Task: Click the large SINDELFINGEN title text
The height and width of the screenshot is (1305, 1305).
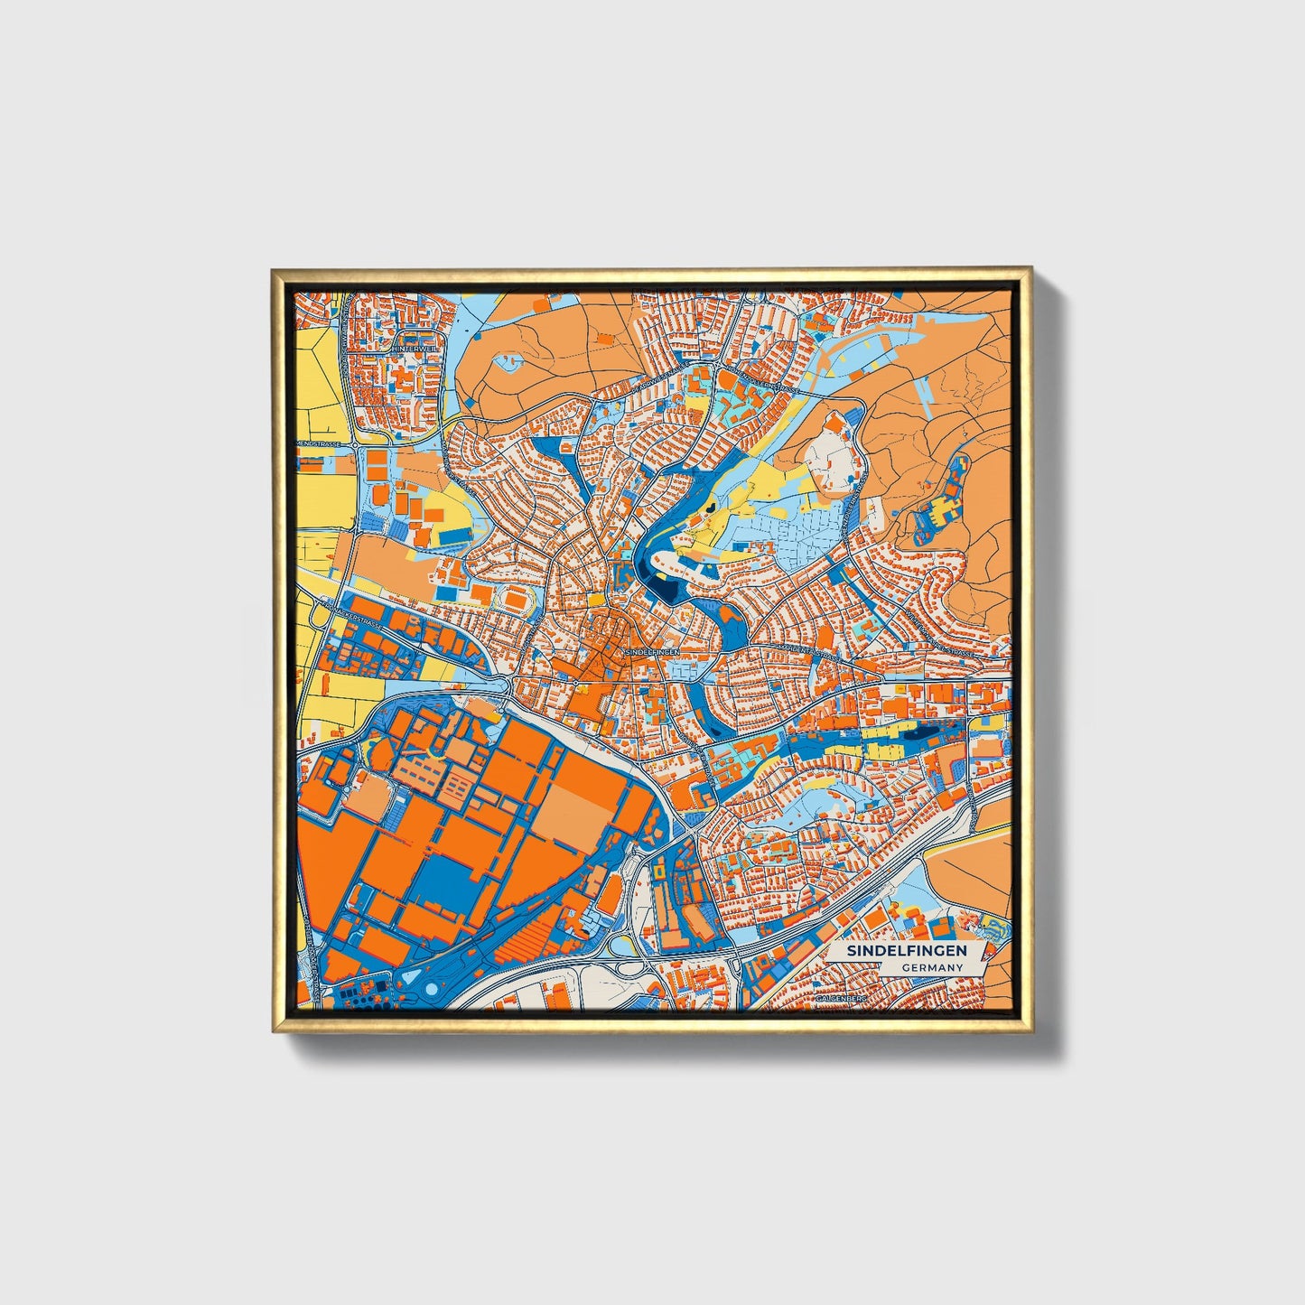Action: (906, 951)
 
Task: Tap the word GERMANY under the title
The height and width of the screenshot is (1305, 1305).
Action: (931, 967)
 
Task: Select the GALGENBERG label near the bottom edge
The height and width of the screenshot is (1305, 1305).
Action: (840, 1000)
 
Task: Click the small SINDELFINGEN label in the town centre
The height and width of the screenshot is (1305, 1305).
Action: (651, 651)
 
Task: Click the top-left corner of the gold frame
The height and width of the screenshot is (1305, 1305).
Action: (274, 270)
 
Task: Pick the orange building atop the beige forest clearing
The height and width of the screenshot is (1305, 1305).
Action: (836, 424)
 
